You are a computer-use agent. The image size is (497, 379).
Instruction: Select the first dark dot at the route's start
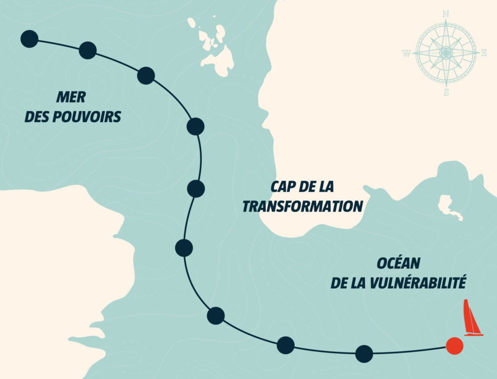tap(30, 39)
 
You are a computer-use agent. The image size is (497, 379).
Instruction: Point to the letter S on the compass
tap(446, 92)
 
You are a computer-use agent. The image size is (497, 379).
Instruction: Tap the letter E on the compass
tap(484, 53)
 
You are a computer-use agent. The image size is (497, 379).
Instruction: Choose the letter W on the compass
tap(406, 53)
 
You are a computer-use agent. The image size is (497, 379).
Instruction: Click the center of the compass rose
tap(446, 53)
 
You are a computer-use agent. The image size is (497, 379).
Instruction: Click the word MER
tap(70, 97)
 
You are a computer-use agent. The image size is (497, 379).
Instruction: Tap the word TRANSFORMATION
tap(302, 206)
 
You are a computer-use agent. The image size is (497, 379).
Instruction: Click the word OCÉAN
tap(398, 264)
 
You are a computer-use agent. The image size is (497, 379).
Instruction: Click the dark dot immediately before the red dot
tap(364, 354)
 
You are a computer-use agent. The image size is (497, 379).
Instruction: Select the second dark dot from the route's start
tap(87, 50)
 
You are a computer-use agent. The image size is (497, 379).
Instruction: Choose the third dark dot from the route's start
tap(146, 76)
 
